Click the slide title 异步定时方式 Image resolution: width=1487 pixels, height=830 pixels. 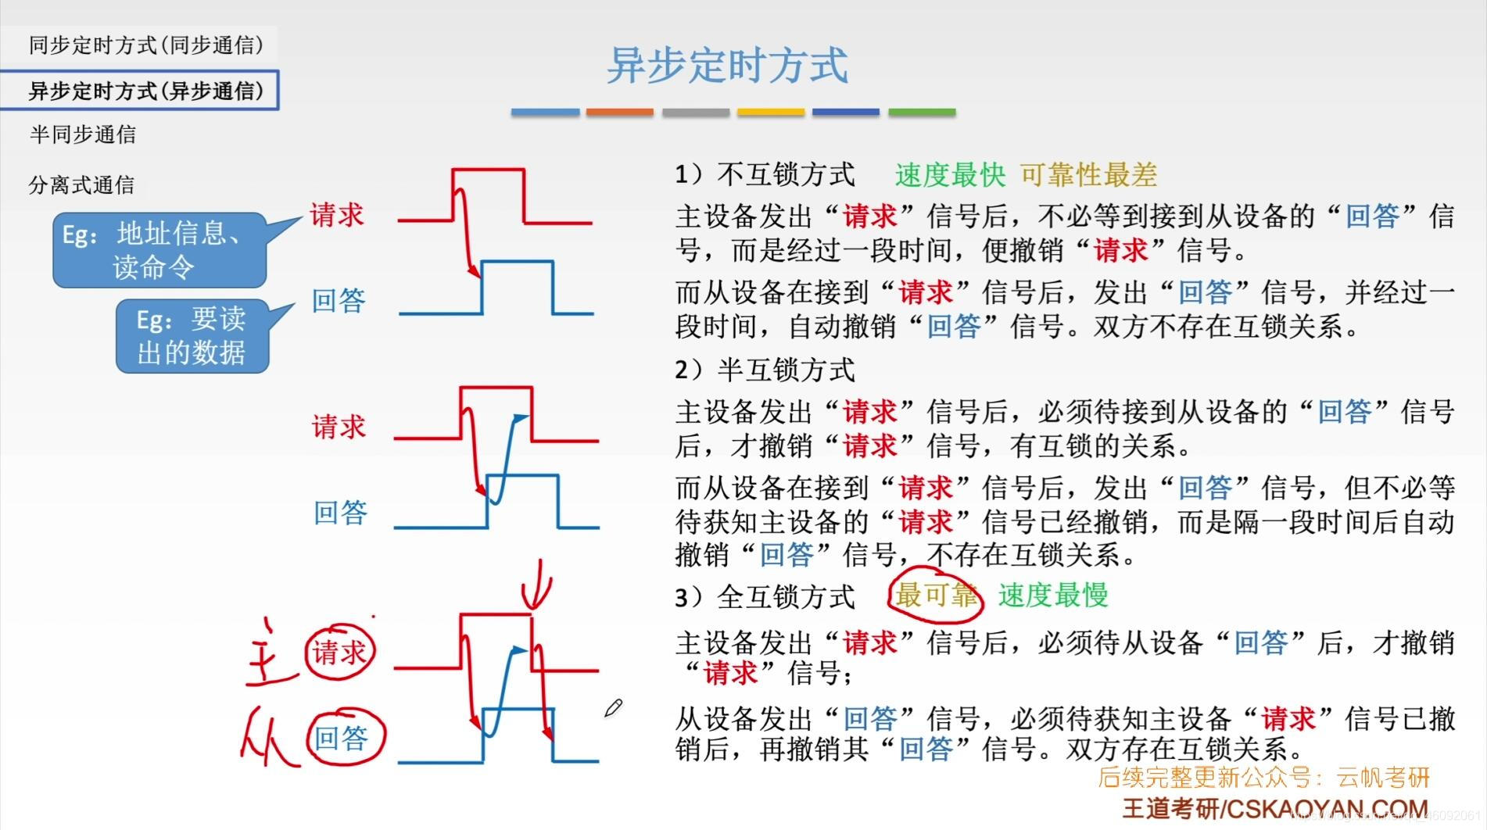point(727,65)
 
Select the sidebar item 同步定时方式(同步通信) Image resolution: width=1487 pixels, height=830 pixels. point(145,45)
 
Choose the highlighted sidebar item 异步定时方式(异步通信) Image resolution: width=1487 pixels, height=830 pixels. point(145,91)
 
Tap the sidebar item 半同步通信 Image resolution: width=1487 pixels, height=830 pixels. point(83,134)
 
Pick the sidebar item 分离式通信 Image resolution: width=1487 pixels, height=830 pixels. point(82,185)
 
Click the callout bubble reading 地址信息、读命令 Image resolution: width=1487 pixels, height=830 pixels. point(159,250)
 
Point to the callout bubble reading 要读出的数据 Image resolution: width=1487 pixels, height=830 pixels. point(192,336)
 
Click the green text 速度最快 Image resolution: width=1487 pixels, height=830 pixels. point(950,175)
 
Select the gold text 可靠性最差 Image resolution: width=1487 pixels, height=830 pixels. point(1088,175)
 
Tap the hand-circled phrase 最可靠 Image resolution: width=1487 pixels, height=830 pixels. point(935,596)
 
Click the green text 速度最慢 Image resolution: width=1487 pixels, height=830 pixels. point(1053,596)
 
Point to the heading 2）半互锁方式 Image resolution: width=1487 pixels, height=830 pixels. point(765,370)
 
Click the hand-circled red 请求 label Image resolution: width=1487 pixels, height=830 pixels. point(340,652)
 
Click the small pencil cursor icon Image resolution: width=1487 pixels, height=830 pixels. point(613,708)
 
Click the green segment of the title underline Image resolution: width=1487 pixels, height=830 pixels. point(922,113)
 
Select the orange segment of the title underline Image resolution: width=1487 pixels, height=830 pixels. point(619,113)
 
